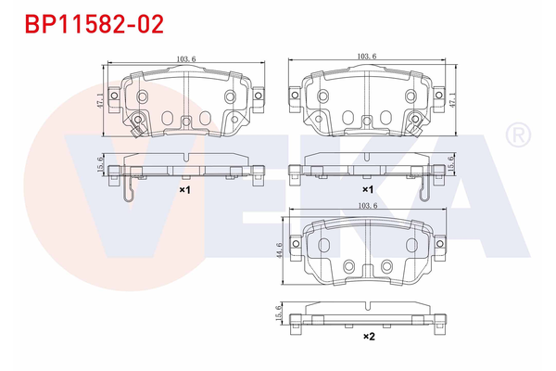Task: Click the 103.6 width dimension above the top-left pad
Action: tap(185, 59)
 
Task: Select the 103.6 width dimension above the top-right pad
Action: tap(366, 57)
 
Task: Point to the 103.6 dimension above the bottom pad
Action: tap(368, 206)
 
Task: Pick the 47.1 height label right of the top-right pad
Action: tap(452, 100)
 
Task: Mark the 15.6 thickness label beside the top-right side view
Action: tap(450, 163)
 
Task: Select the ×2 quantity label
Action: tap(368, 336)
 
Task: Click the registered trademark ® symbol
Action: tap(514, 136)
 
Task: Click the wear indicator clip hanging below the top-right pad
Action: tap(423, 190)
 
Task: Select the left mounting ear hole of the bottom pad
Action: tap(298, 243)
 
